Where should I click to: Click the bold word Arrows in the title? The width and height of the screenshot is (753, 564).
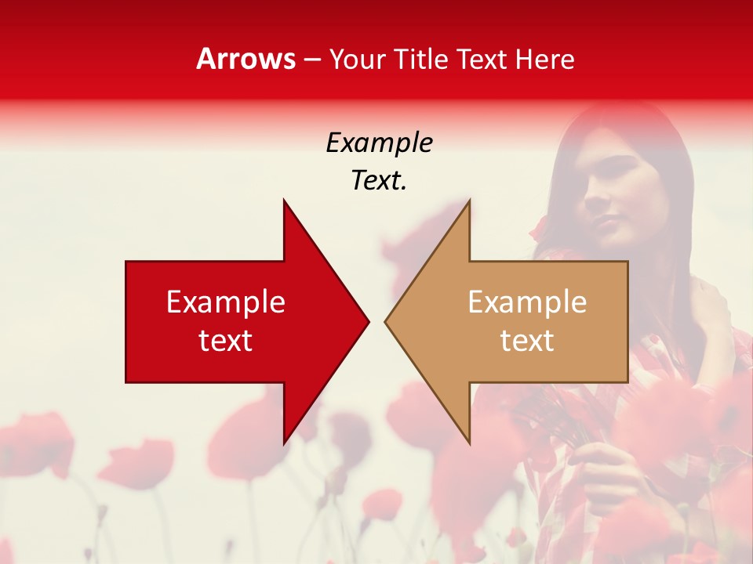246,59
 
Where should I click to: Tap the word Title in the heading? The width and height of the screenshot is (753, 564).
420,59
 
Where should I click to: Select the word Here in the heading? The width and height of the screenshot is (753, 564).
545,59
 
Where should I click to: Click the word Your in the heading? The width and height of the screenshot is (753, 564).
357,59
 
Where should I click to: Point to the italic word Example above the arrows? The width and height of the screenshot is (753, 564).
379,143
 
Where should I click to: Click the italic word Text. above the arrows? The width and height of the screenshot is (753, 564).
379,181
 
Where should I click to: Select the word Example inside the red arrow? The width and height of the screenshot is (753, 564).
226,302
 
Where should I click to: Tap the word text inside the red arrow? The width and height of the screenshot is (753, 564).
226,340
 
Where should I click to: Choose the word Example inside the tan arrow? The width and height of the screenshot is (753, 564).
527,302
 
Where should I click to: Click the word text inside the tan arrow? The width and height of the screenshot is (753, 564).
527,340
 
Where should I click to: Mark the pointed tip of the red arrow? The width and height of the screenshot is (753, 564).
368,321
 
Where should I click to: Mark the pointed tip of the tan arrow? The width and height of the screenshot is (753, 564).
385,321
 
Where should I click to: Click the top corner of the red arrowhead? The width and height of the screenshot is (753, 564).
284,201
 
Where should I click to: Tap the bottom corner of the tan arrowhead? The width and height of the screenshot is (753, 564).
469,443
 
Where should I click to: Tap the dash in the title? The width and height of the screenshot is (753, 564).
312,60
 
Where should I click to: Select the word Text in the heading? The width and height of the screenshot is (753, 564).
482,59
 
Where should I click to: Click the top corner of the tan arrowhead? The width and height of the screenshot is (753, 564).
469,201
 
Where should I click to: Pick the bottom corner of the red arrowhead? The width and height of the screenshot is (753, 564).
284,443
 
